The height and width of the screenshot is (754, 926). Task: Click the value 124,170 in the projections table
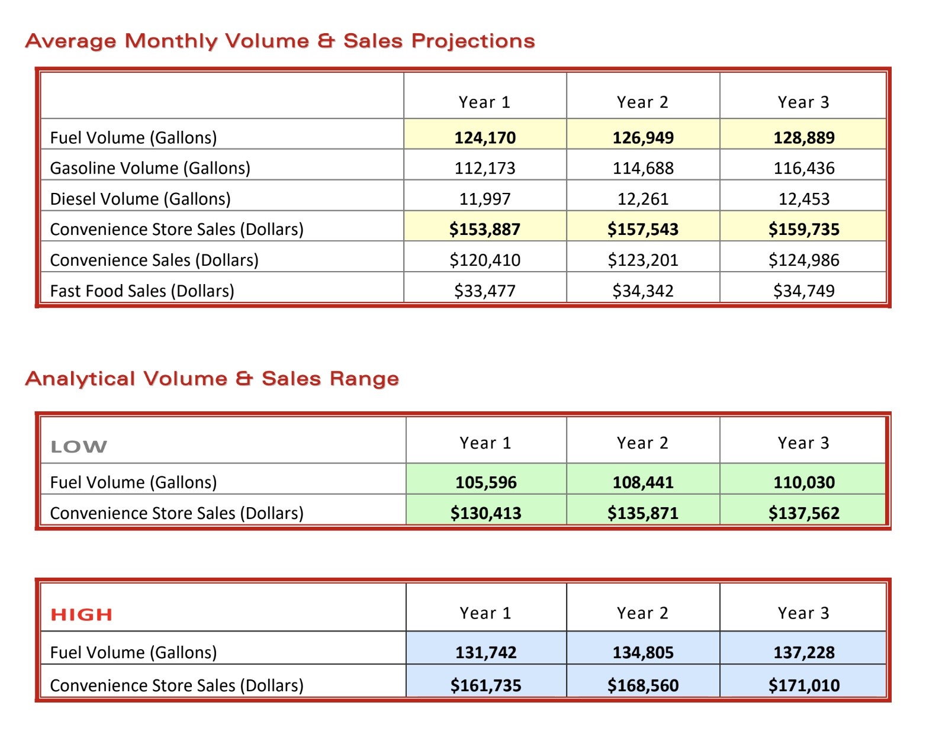[485, 138]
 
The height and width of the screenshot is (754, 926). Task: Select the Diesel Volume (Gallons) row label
[140, 199]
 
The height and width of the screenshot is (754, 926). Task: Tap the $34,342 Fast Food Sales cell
[642, 291]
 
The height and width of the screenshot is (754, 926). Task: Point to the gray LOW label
[79, 447]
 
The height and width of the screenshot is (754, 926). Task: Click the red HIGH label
[81, 614]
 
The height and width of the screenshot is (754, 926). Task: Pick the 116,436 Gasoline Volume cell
[804, 168]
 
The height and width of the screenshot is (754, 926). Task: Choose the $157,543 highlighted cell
[642, 229]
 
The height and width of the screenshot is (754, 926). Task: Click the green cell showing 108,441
[642, 482]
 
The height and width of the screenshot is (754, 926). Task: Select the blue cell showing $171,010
[804, 685]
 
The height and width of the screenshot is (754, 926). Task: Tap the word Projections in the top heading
[473, 41]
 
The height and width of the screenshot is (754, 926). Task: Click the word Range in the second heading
[364, 379]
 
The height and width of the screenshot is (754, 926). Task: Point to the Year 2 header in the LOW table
[642, 443]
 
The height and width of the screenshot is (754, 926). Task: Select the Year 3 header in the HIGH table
[803, 613]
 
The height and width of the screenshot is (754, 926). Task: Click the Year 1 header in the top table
[484, 102]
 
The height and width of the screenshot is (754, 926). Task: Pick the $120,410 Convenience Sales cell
[485, 260]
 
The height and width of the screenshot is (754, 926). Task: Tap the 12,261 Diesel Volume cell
[642, 199]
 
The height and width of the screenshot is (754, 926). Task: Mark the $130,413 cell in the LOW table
[485, 513]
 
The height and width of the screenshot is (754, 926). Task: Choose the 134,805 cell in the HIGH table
[642, 652]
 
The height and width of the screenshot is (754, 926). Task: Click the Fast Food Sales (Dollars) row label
[142, 291]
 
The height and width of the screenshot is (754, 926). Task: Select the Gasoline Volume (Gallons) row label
[150, 168]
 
